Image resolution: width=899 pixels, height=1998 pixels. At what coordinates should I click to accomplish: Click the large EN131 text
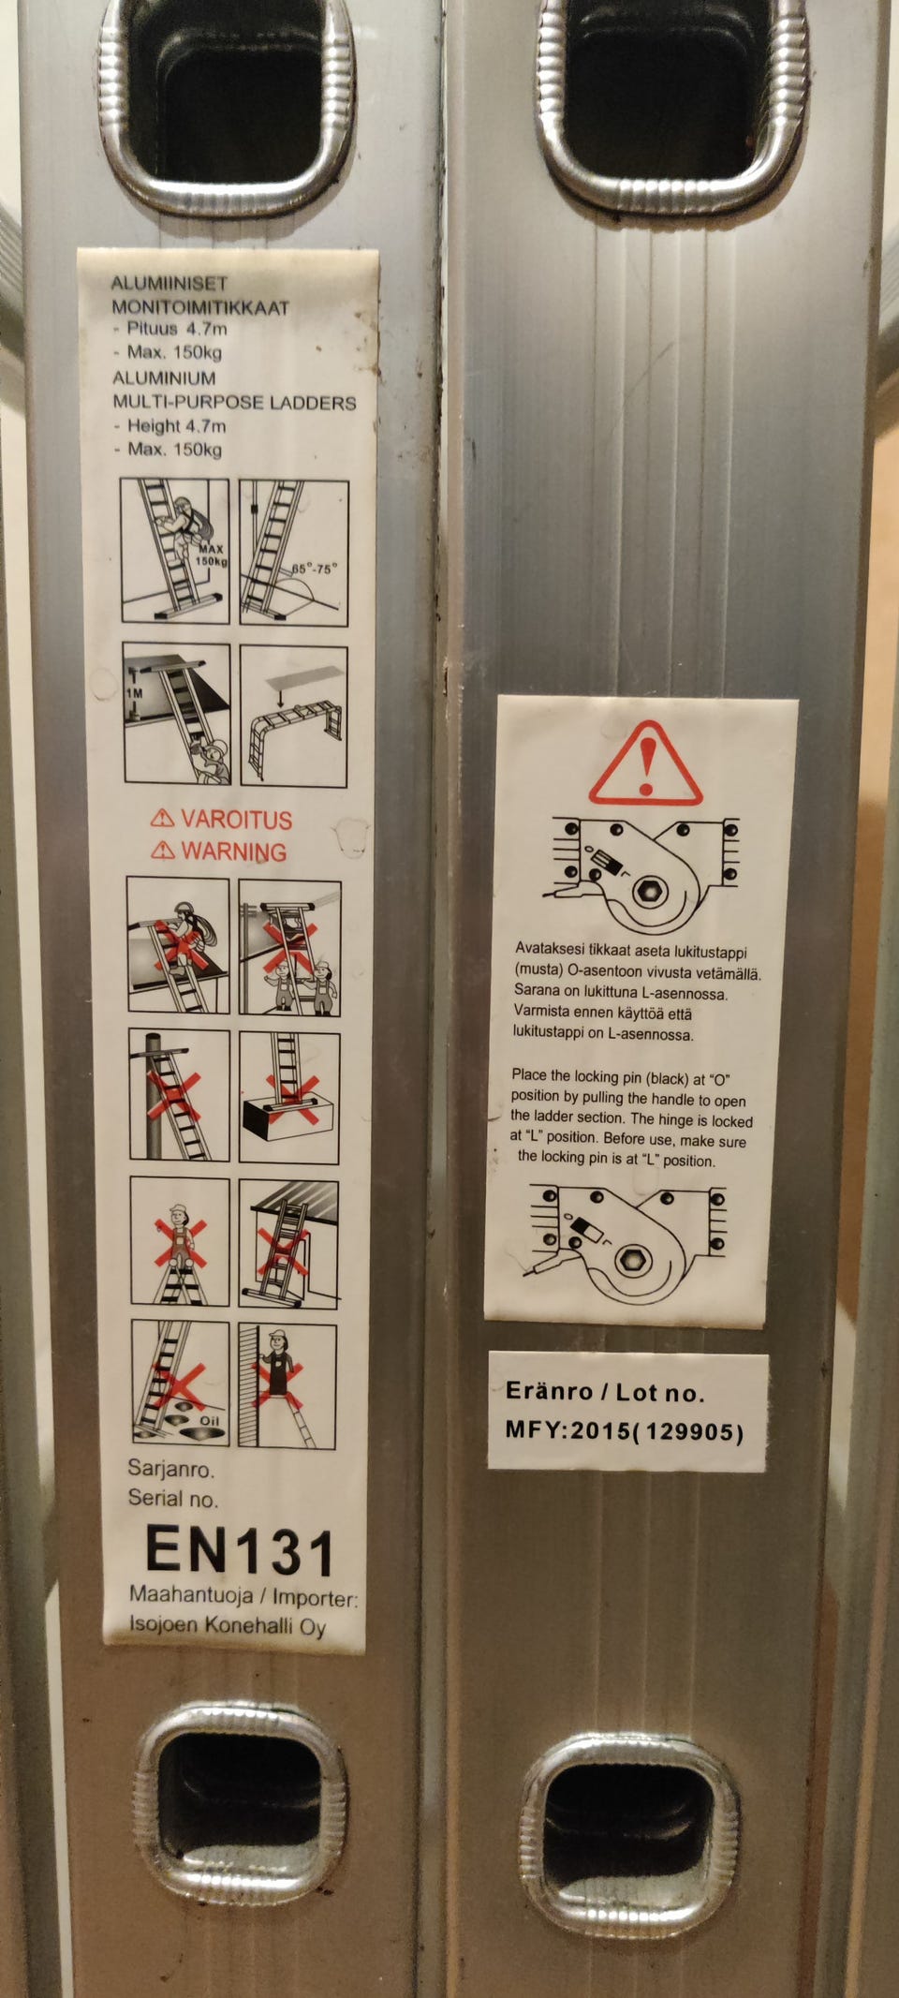pyautogui.click(x=240, y=1551)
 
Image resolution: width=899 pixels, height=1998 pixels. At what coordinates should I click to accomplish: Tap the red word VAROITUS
pyautogui.click(x=236, y=820)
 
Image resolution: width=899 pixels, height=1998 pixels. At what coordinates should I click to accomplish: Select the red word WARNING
pyautogui.click(x=234, y=851)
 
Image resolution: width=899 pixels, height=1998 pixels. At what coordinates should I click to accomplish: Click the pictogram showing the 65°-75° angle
pyautogui.click(x=294, y=553)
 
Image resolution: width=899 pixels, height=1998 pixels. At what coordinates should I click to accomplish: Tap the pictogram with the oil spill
pyautogui.click(x=180, y=1384)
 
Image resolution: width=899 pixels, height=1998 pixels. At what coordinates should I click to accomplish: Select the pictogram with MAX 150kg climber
pyautogui.click(x=175, y=550)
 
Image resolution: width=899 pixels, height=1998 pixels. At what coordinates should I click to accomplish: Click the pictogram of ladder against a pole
pyautogui.click(x=179, y=1095)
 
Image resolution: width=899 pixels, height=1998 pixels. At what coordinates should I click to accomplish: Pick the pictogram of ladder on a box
pyautogui.click(x=289, y=1097)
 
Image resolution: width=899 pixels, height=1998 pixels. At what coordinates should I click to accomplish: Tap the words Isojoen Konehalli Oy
pyautogui.click(x=228, y=1624)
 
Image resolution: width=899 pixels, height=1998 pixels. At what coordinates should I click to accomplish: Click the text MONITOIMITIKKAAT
pyautogui.click(x=200, y=307)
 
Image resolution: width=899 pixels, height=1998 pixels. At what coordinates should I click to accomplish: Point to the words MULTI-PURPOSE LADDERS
pyautogui.click(x=234, y=403)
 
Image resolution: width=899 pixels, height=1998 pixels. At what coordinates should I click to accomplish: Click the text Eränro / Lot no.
pyautogui.click(x=604, y=1391)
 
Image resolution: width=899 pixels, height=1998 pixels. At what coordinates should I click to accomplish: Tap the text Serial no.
pyautogui.click(x=173, y=1498)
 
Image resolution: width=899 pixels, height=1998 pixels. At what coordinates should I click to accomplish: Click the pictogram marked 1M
pyautogui.click(x=177, y=713)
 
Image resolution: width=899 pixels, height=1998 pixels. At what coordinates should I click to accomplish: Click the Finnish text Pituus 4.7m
pyautogui.click(x=177, y=329)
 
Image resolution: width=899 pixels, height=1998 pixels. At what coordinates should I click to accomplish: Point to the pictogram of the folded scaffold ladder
pyautogui.click(x=293, y=717)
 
